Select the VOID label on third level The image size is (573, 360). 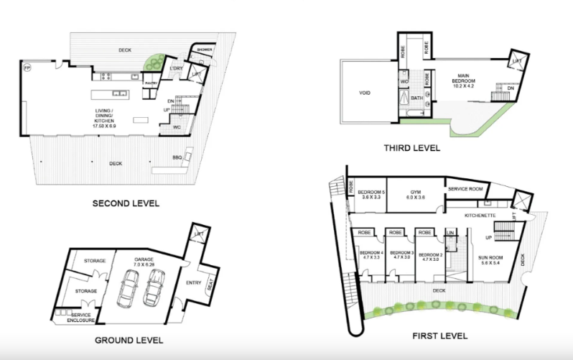click(x=365, y=93)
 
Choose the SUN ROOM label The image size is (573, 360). click(x=493, y=260)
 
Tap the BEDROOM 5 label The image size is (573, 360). click(x=371, y=193)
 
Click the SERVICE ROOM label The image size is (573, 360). click(x=465, y=188)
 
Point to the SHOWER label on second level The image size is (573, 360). click(x=205, y=50)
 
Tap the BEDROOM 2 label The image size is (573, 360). click(x=431, y=255)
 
